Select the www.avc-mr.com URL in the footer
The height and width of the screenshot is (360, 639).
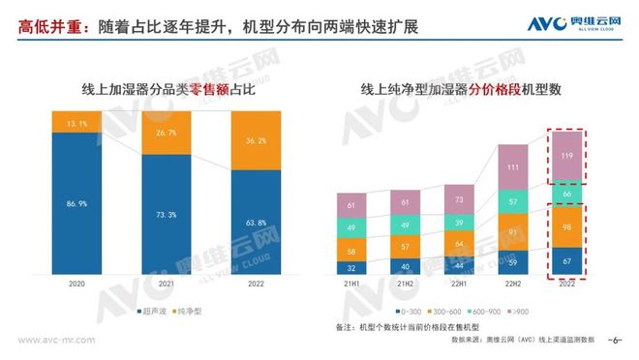51,341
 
